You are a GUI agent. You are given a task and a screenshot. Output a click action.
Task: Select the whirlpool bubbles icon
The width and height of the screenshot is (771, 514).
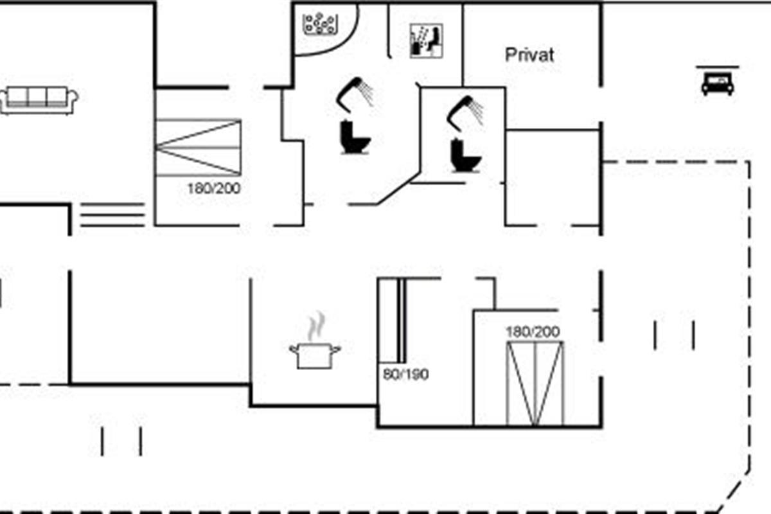[x=320, y=24]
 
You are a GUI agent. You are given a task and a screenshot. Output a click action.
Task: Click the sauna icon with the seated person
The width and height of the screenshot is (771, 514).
[x=427, y=41]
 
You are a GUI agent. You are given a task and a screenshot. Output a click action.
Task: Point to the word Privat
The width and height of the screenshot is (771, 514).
[x=529, y=55]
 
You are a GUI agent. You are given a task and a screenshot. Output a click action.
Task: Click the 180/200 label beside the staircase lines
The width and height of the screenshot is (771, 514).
[x=214, y=189]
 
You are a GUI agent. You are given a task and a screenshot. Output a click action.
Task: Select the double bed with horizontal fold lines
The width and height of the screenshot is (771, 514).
[x=199, y=147]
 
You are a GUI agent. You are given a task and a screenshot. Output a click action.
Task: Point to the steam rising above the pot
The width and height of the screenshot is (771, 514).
[x=316, y=326]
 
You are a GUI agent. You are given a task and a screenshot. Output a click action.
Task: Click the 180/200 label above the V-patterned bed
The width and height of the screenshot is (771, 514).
[x=533, y=332]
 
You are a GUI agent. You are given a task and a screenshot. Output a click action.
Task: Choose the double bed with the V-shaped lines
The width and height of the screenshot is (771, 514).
[x=535, y=384]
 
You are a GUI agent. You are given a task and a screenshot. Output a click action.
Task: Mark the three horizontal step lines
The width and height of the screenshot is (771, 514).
[x=112, y=215]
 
